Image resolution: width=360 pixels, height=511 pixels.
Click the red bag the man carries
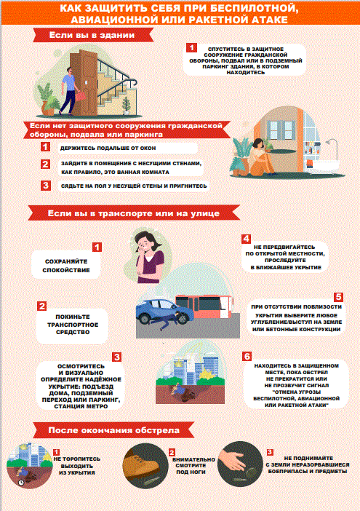(x=81, y=96)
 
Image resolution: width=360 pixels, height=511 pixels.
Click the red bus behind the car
(x=204, y=306)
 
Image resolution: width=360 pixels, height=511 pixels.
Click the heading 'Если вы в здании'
(x=92, y=35)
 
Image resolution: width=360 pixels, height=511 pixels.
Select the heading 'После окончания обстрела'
(x=114, y=430)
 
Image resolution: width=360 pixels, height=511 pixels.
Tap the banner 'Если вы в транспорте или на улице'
(x=134, y=213)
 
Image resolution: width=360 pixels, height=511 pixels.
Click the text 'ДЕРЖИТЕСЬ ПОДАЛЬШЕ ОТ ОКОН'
(x=108, y=148)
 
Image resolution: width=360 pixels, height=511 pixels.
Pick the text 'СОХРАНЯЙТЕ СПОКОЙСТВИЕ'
(x=66, y=266)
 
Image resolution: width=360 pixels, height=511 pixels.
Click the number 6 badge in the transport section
(x=247, y=356)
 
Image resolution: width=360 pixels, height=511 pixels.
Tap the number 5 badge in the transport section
(x=338, y=297)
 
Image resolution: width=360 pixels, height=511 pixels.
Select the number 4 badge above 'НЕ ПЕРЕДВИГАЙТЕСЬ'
(x=246, y=239)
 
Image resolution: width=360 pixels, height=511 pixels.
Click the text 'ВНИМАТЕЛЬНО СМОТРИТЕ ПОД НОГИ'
(x=193, y=466)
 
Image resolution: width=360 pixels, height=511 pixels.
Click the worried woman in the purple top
(x=149, y=258)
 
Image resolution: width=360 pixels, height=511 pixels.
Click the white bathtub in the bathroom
(x=322, y=167)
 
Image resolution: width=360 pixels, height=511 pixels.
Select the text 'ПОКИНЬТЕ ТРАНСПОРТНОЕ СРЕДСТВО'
(x=73, y=324)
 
